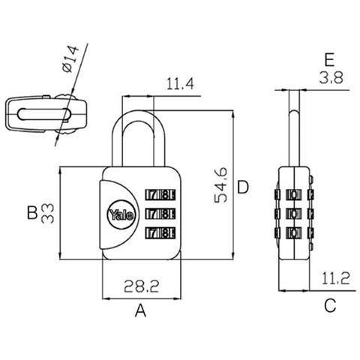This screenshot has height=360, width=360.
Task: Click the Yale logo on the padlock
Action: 121,214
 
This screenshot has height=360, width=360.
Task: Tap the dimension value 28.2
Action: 142,286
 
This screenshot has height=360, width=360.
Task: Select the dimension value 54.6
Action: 221,184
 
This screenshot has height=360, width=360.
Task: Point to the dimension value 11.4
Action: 180,84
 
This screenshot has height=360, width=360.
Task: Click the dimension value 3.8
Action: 331,78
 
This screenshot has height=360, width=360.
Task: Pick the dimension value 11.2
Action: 335,278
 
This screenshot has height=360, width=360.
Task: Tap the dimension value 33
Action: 47,213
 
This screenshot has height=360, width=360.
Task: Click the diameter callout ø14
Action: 70,59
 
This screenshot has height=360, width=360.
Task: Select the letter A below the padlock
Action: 140,310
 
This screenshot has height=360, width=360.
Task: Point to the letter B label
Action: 32,213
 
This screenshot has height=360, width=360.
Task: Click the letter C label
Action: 330,305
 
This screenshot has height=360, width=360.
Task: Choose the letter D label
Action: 243,187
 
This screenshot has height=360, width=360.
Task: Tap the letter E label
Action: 329,60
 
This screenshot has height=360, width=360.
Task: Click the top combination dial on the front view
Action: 160,195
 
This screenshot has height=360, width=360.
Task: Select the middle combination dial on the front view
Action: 160,214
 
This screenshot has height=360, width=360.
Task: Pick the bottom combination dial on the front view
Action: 160,233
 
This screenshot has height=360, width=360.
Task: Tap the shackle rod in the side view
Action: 294,137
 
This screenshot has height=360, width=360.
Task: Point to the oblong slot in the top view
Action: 44,114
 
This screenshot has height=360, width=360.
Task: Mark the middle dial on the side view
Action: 294,214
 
